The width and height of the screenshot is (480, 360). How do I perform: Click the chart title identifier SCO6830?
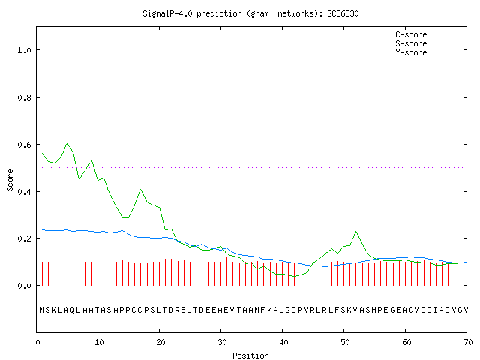coord(343,13)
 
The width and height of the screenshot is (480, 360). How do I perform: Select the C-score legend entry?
coord(411,34)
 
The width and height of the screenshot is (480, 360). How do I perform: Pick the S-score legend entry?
coord(411,43)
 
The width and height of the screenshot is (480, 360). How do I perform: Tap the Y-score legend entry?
coord(411,52)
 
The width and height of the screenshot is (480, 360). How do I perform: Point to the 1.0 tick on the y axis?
coord(24,50)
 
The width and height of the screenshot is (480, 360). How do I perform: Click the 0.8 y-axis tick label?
coord(24,97)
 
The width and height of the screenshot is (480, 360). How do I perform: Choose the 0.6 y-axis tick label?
coord(24,145)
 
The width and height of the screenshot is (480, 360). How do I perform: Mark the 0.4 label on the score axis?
coord(24,192)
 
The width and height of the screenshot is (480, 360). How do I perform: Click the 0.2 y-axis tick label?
coord(24,238)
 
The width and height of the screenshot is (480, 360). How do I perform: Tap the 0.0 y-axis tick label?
coord(24,286)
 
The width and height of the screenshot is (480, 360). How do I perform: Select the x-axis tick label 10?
coord(99,342)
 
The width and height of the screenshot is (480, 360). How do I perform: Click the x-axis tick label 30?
coord(222,342)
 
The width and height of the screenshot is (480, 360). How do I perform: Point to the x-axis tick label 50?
coord(345,342)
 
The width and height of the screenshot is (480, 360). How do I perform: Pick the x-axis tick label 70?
coord(468,342)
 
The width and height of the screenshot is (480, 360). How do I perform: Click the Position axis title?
coord(250,355)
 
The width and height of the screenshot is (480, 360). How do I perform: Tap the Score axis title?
coord(10,181)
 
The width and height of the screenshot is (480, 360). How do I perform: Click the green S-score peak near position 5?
coord(67,143)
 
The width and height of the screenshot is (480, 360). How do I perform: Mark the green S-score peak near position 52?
coord(356,232)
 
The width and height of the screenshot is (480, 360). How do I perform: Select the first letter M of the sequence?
coord(42,310)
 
